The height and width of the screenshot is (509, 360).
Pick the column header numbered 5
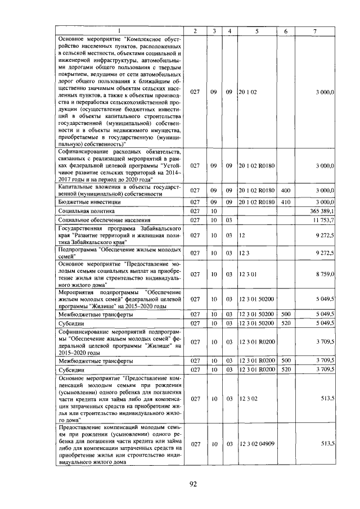click(256, 30)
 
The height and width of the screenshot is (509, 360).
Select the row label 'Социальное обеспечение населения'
click(95, 219)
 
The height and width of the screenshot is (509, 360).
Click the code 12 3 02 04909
click(256, 444)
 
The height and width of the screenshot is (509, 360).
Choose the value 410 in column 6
click(285, 201)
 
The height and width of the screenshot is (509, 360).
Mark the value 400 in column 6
click(285, 191)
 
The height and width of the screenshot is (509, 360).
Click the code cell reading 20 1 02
click(247, 91)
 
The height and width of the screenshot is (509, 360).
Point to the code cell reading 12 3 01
click(247, 274)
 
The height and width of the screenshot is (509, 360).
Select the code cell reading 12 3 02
click(247, 398)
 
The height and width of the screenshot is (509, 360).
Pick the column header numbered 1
click(119, 30)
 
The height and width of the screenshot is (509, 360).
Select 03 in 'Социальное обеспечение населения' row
click(229, 219)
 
